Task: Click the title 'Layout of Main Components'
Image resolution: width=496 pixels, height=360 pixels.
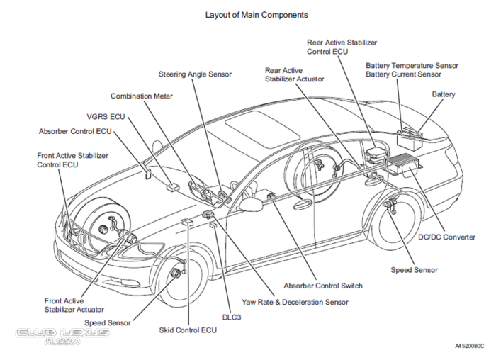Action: click(x=257, y=14)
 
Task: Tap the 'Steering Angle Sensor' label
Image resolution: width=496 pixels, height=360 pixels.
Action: click(x=196, y=74)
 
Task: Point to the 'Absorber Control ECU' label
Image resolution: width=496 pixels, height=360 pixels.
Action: click(x=75, y=131)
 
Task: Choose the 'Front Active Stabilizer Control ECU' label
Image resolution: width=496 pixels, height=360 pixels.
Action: click(x=68, y=159)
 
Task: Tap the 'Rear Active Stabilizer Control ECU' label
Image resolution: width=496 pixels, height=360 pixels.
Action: click(x=342, y=47)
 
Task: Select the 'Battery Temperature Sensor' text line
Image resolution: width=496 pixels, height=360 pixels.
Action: click(x=412, y=65)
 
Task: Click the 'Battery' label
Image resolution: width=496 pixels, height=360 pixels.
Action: click(x=444, y=94)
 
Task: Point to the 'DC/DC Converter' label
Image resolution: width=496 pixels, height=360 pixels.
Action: click(x=446, y=237)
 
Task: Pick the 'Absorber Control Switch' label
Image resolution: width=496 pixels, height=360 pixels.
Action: click(x=323, y=286)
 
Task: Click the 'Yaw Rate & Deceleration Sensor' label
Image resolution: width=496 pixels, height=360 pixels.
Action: click(x=295, y=302)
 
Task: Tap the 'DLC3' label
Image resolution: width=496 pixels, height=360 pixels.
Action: click(x=231, y=317)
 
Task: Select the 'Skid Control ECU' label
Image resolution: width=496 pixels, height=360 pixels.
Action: click(x=188, y=330)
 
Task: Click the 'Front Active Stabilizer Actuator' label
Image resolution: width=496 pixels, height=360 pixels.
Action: click(x=74, y=305)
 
